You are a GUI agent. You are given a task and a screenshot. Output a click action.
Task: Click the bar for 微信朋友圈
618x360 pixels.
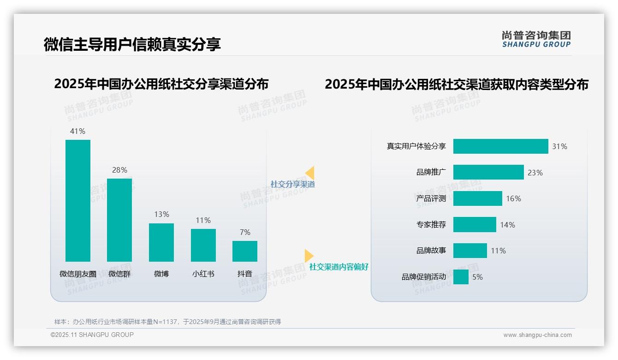tap(78, 201)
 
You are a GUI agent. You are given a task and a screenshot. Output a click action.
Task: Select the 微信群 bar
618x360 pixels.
tap(119, 220)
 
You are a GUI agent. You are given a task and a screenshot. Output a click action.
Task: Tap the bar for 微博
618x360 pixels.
tap(161, 242)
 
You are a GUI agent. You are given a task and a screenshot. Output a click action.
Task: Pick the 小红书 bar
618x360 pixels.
tap(203, 245)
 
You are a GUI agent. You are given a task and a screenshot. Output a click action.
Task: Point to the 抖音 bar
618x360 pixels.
tap(245, 251)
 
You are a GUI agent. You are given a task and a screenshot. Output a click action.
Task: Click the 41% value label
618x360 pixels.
tap(77, 131)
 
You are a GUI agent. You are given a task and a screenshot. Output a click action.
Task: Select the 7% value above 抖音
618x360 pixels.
tap(245, 232)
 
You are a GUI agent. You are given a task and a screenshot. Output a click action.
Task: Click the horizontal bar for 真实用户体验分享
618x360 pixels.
tap(500, 146)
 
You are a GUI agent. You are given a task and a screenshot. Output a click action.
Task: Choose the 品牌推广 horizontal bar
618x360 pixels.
tap(488, 172)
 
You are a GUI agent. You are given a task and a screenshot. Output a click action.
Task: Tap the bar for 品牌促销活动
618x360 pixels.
tap(461, 277)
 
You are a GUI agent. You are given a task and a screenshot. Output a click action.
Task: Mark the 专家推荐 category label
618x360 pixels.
tap(431, 225)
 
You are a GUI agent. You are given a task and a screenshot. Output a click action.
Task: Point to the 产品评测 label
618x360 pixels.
tap(431, 198)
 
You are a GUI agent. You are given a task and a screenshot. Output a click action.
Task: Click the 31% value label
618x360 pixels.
tap(560, 146)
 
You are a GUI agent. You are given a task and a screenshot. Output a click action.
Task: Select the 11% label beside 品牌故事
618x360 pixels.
tap(498, 251)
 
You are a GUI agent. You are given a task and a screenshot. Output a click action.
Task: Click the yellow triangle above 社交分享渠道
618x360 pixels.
tap(310, 173)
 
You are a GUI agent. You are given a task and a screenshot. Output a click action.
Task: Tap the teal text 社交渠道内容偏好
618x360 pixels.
tap(339, 267)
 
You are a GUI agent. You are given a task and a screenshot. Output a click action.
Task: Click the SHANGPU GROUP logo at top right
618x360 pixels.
tap(536, 39)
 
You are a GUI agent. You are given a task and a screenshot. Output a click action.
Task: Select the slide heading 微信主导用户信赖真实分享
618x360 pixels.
tap(132, 44)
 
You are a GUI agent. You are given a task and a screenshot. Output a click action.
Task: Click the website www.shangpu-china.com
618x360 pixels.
tap(537, 335)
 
